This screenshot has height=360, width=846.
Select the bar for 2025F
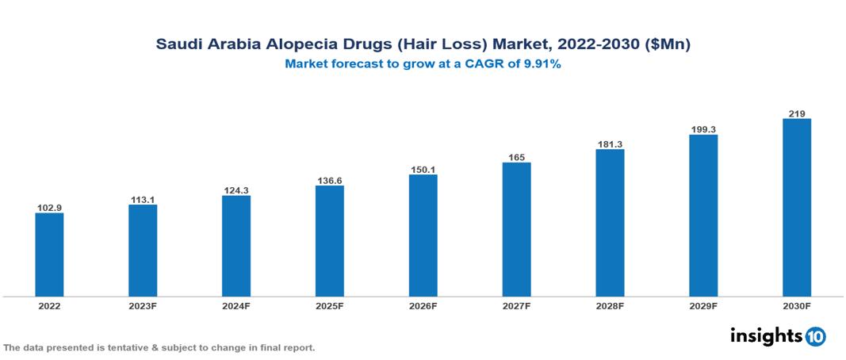pos(329,241)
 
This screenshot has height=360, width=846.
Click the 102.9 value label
pos(49,208)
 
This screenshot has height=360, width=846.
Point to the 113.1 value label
pos(143,200)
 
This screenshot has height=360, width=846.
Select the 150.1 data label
pos(423,170)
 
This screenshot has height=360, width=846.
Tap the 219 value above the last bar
pos(797,114)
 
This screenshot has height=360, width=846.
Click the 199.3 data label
pos(703,129)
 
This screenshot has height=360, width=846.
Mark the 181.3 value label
pos(610,144)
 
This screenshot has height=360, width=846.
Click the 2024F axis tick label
pos(236,306)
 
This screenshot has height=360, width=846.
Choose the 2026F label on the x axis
pos(423,306)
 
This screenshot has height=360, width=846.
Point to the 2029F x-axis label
pos(703,306)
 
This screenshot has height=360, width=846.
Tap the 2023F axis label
pos(143,306)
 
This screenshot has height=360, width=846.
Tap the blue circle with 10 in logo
pos(815,337)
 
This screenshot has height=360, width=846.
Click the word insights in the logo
pos(765,335)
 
